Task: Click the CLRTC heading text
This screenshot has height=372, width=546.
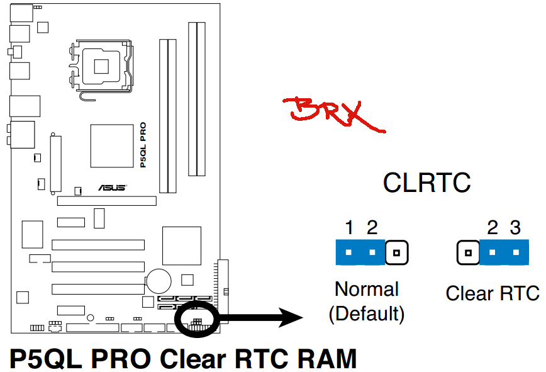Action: click(426, 183)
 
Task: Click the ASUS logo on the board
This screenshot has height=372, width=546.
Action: click(112, 188)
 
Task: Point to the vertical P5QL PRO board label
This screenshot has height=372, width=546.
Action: click(143, 145)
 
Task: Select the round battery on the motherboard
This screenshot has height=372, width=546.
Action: click(159, 281)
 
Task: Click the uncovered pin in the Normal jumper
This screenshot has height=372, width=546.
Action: click(396, 252)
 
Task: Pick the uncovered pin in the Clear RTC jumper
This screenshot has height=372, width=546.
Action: click(469, 252)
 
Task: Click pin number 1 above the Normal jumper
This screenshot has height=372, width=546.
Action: click(349, 228)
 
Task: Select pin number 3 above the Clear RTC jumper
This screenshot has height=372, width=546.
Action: click(515, 228)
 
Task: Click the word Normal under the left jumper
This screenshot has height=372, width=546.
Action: click(367, 289)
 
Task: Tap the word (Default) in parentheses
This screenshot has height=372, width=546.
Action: click(367, 313)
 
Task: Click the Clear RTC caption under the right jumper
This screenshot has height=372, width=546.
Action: click(493, 293)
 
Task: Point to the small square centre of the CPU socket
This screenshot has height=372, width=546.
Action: click(101, 66)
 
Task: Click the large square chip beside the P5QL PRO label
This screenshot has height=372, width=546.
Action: click(112, 146)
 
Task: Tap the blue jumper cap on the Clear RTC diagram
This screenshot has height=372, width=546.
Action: click(504, 252)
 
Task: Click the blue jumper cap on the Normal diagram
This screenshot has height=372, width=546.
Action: click(360, 252)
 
